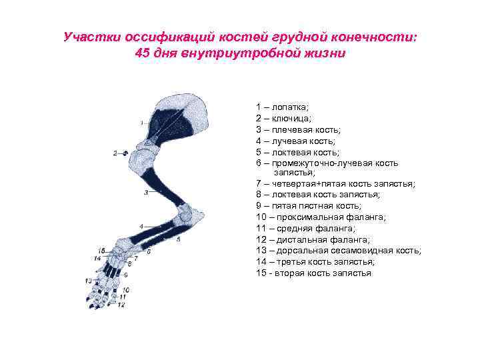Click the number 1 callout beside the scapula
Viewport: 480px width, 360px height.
[141, 123]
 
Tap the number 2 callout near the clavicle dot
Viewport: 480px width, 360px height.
[115, 153]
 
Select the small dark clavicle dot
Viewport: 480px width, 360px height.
[125, 153]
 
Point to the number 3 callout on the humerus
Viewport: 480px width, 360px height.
[145, 193]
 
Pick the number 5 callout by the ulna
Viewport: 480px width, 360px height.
[178, 239]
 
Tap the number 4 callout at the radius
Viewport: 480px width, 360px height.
[141, 227]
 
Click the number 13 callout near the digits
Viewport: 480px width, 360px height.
[89, 281]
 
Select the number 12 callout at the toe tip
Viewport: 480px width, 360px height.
[121, 305]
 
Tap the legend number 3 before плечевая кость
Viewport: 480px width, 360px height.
[257, 129]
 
